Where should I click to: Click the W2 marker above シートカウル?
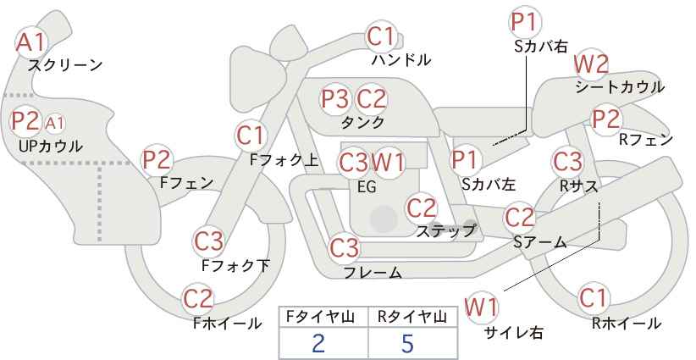[x=591, y=65]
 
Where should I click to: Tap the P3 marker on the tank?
[x=334, y=99]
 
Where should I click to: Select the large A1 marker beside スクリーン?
[x=30, y=42]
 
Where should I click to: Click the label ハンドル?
[x=401, y=60]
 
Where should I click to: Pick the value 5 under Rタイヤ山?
[x=407, y=343]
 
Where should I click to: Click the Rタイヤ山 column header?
[x=412, y=317]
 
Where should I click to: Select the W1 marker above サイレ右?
[x=481, y=307]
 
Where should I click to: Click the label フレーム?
[x=373, y=272]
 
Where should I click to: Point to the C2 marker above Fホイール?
[x=198, y=299]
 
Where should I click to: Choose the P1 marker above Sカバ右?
[x=526, y=23]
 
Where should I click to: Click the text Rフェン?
[x=646, y=141]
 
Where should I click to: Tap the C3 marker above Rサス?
[x=567, y=162]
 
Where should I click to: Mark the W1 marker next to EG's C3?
[x=388, y=163]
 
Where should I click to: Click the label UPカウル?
[x=51, y=146]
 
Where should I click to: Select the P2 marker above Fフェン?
[x=157, y=160]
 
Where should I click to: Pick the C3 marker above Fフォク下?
[x=208, y=241]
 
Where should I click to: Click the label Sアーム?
[x=540, y=242]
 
